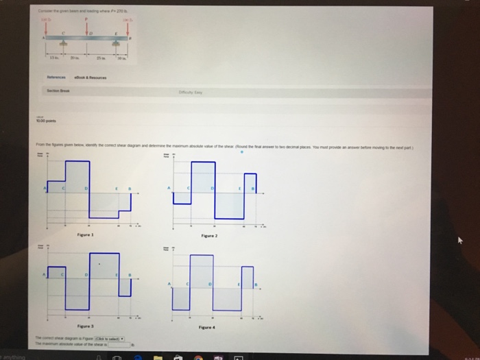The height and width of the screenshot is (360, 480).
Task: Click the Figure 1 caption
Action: click(x=87, y=234)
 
